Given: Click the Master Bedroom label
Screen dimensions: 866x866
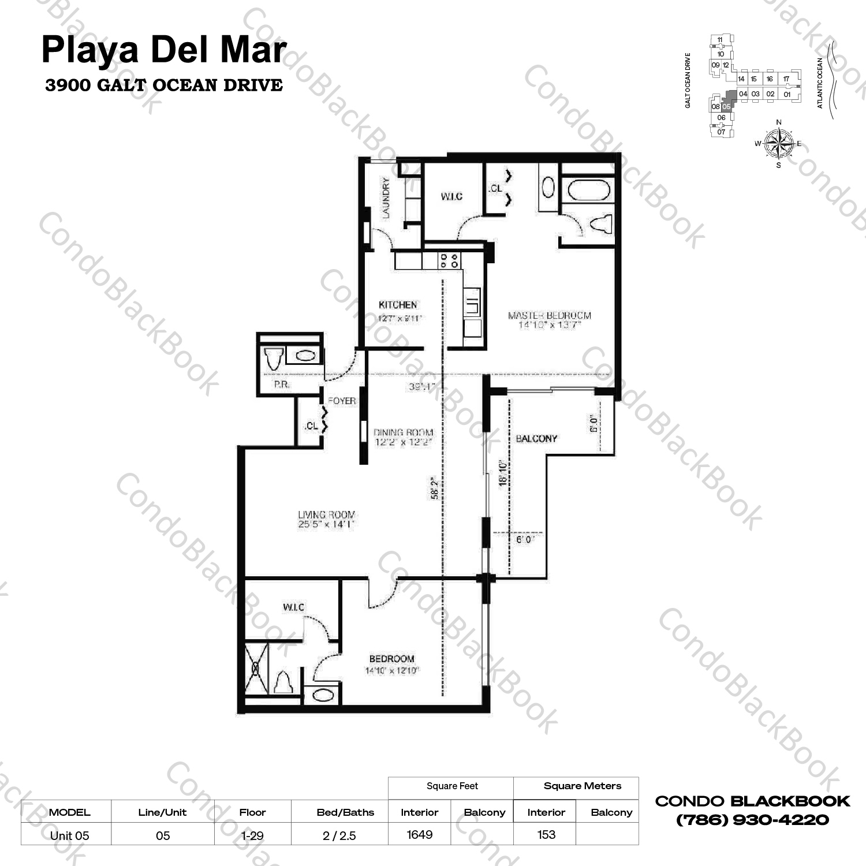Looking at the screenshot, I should click(549, 316).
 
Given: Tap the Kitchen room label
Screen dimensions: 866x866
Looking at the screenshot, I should click(398, 305).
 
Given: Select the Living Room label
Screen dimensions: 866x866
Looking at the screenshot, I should click(326, 514).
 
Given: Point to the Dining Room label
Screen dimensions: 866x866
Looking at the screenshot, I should click(403, 432).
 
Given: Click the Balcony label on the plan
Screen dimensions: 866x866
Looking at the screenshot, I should click(536, 439).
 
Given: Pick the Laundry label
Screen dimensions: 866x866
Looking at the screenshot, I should click(386, 197).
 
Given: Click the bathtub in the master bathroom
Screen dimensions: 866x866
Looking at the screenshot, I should click(588, 190).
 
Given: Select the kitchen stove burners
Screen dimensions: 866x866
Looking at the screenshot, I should click(449, 260).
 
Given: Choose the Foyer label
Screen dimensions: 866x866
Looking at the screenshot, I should click(342, 401).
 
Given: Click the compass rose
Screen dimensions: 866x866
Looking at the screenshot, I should click(778, 143).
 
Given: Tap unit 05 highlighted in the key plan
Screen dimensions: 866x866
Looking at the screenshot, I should click(727, 106).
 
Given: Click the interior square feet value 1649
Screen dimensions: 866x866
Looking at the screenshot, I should click(420, 834).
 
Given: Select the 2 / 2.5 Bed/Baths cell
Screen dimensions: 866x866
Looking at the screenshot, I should click(339, 835).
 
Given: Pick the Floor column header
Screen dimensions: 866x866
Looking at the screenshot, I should click(252, 812).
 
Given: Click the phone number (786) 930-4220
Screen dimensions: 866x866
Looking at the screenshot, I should click(752, 820).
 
